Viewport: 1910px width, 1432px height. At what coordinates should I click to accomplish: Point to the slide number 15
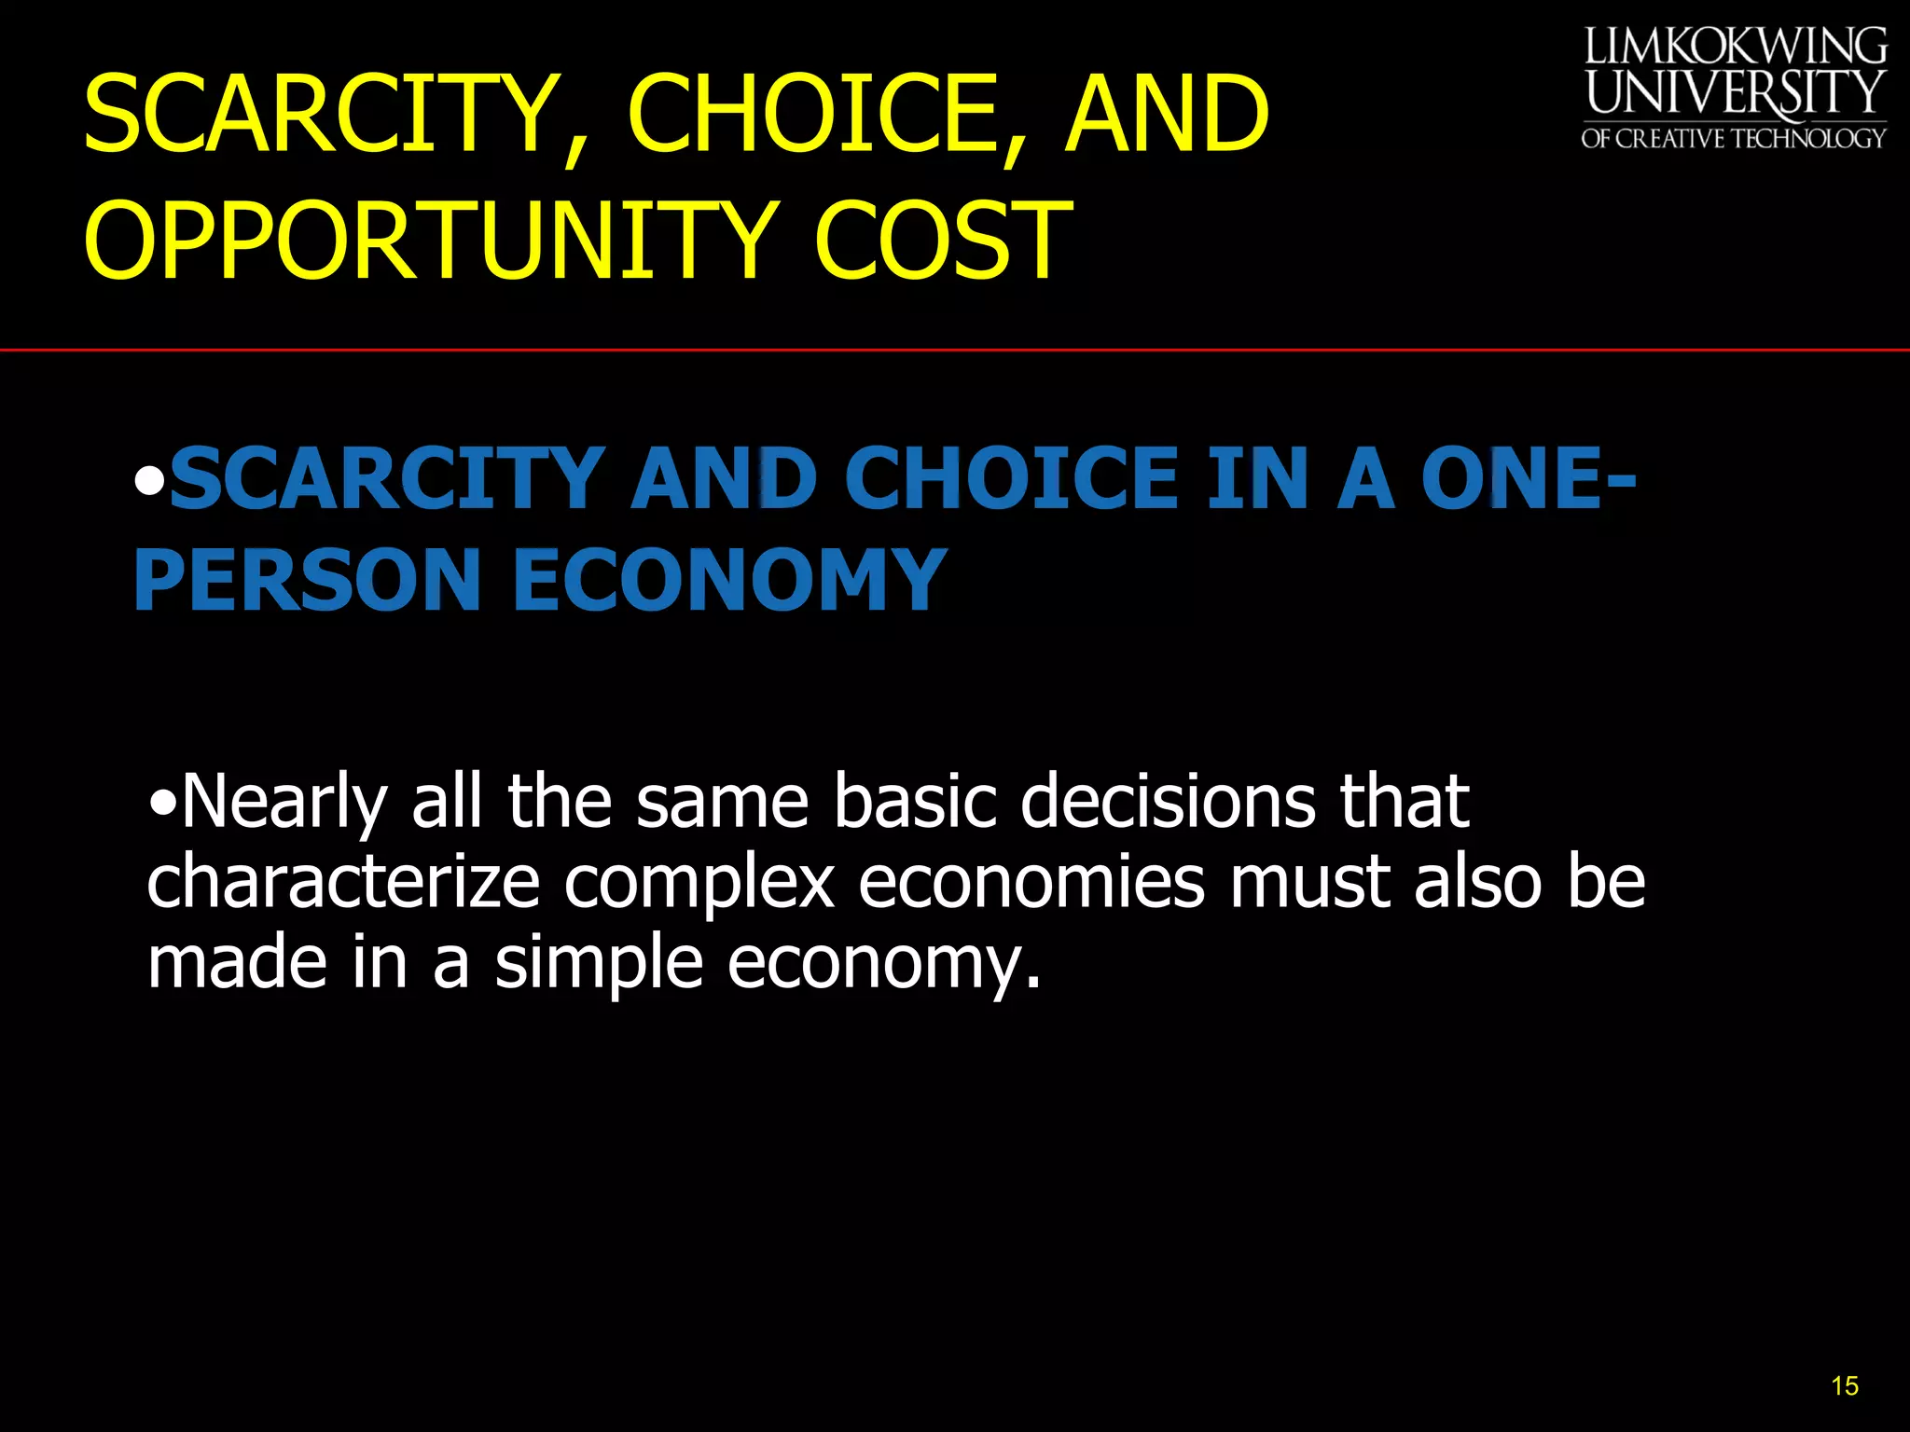tap(1844, 1386)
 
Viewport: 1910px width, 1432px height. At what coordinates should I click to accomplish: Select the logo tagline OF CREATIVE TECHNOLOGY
tap(1733, 139)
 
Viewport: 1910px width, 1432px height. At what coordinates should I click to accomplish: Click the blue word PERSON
tap(308, 580)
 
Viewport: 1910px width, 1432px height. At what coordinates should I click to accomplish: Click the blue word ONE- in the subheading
tap(1529, 478)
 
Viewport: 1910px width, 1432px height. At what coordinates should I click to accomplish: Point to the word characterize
tap(343, 884)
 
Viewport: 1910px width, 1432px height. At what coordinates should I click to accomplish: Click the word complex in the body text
tap(699, 884)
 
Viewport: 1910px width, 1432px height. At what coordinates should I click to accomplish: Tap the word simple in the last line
tap(598, 964)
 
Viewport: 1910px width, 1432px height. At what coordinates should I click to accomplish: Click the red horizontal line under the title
tap(955, 351)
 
